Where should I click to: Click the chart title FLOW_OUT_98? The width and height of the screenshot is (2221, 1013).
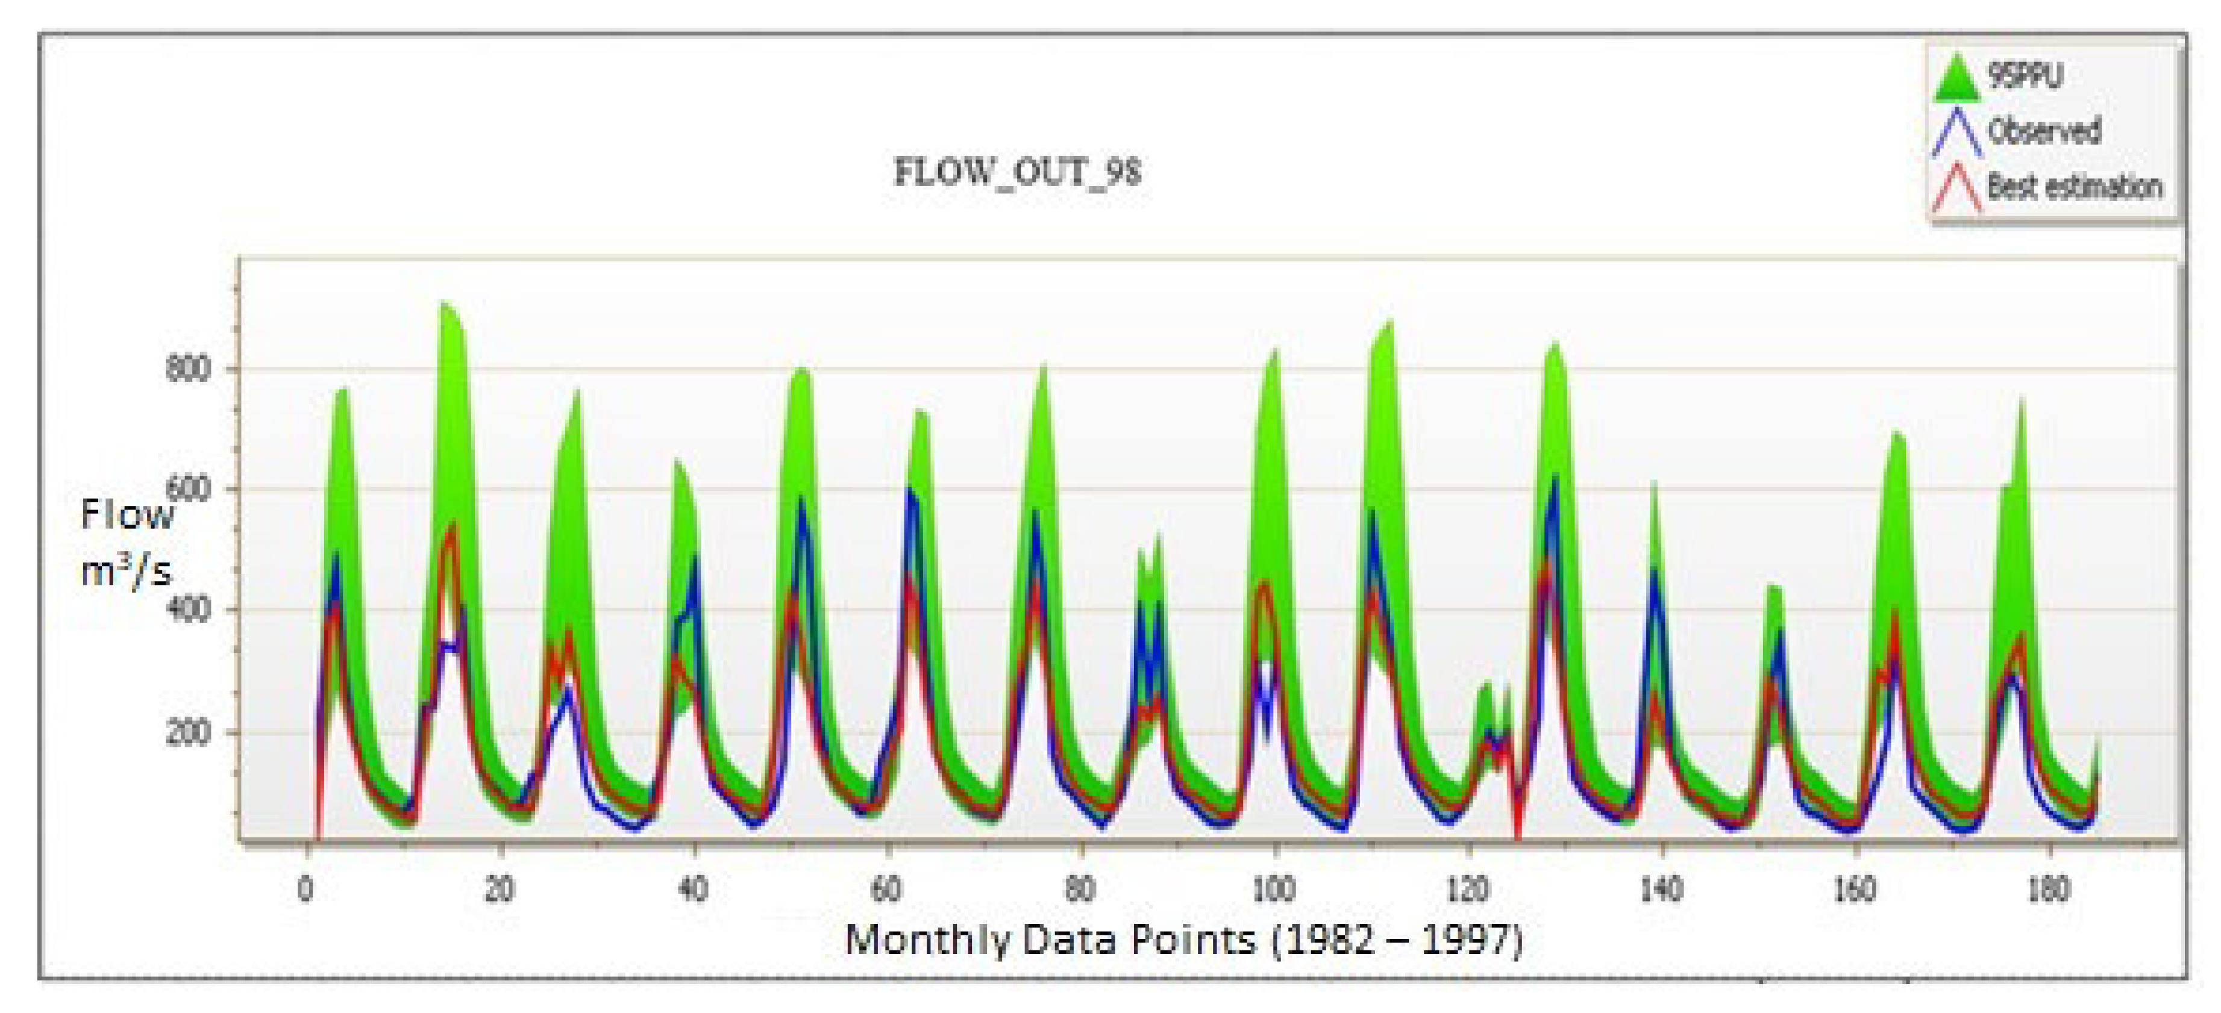point(1017,172)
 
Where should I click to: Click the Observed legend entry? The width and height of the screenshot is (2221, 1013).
point(2043,132)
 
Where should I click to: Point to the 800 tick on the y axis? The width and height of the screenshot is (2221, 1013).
point(188,369)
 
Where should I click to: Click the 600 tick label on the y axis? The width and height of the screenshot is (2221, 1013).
point(188,490)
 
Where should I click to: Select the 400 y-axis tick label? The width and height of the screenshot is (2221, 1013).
point(188,610)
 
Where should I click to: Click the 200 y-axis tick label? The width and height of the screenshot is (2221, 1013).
point(188,733)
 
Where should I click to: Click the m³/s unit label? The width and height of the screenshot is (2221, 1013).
point(126,571)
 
